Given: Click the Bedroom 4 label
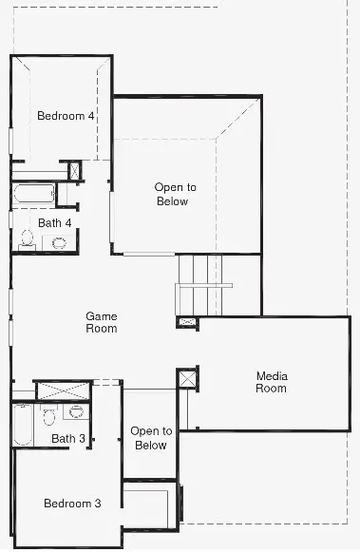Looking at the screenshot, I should [66, 116].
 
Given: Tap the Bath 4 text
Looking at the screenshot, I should [54, 222].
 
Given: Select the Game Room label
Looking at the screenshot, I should [102, 322].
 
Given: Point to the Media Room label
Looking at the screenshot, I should [271, 382].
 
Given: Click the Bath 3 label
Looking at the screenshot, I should [68, 438].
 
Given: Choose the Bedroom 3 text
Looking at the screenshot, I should [71, 504].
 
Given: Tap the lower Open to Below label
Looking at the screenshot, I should [150, 438].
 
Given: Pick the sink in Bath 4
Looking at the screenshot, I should [59, 242].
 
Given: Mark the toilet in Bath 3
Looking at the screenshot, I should [48, 415].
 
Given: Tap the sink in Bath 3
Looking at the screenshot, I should [76, 412].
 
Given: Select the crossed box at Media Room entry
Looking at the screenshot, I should [187, 378].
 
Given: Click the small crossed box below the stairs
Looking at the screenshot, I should [188, 322].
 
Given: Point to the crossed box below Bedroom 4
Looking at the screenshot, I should [75, 171].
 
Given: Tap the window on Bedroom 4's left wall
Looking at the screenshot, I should [11, 141].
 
